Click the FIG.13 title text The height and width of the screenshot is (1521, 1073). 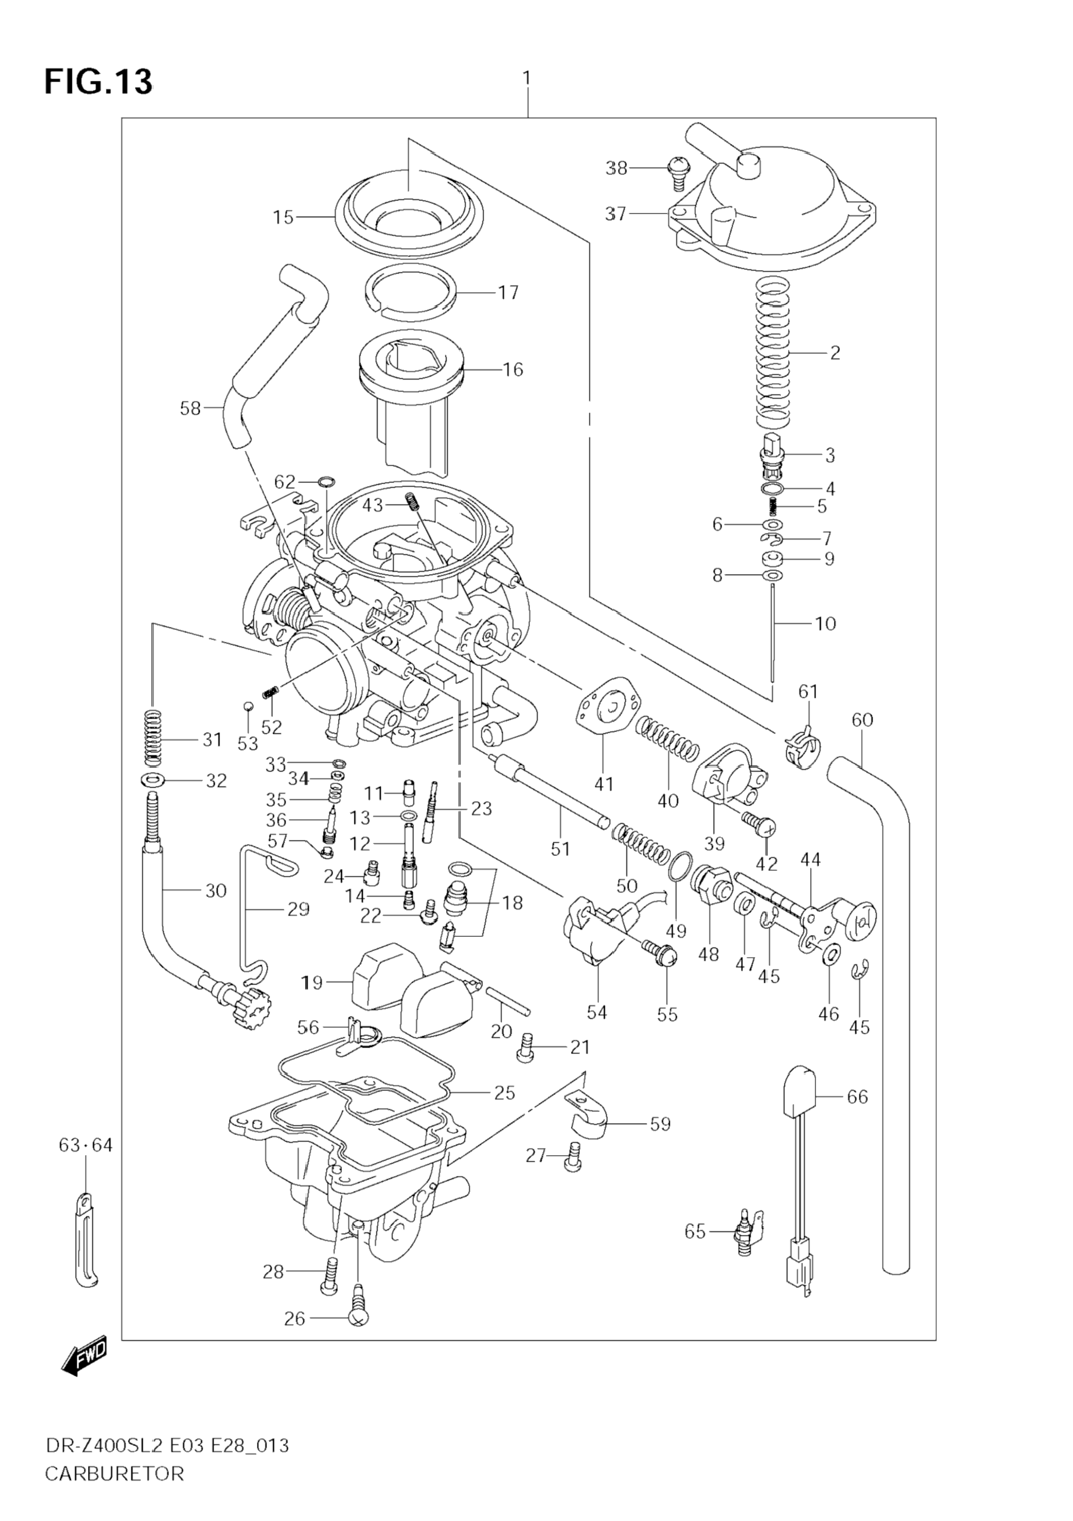point(98,82)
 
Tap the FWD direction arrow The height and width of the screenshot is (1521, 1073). point(83,1354)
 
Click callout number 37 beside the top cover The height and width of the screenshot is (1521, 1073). point(616,214)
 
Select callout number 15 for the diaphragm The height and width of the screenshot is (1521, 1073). point(284,217)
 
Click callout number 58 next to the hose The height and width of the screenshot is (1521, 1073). point(190,409)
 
